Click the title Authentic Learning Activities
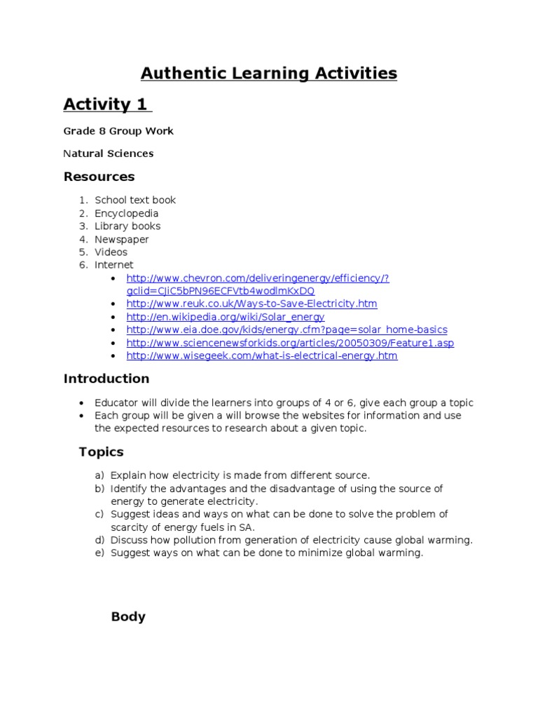click(x=269, y=73)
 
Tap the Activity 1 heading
click(x=106, y=105)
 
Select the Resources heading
click(x=99, y=177)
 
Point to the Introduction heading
click(x=106, y=379)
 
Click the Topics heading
click(x=101, y=452)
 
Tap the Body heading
click(x=128, y=617)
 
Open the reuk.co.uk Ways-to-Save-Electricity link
click(x=251, y=304)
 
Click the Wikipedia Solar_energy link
click(x=225, y=317)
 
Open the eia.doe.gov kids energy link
click(x=287, y=330)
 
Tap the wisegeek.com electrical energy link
click(x=261, y=355)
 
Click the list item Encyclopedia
click(x=127, y=213)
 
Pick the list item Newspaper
click(x=122, y=239)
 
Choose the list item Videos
click(x=111, y=252)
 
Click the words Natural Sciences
click(x=109, y=154)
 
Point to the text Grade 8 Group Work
click(x=118, y=131)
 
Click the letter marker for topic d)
click(x=100, y=540)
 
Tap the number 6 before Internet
click(x=83, y=265)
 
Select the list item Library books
click(x=127, y=226)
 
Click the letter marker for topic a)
click(x=100, y=475)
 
